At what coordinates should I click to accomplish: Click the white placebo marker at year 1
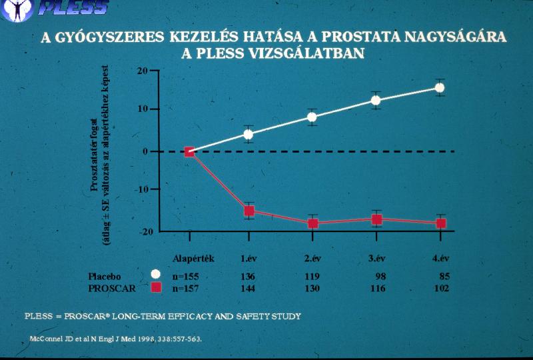[249, 134]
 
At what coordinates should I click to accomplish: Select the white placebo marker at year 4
[439, 87]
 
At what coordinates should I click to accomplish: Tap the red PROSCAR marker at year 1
[249, 211]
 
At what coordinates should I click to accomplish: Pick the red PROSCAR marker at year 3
[376, 219]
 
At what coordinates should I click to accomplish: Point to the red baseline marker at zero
[189, 152]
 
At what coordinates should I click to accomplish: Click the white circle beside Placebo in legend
[156, 275]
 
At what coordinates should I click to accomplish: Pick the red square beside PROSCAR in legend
[156, 288]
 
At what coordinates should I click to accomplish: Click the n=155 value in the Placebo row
[185, 275]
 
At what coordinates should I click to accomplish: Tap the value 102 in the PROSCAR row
[440, 288]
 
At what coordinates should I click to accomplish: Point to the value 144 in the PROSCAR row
[249, 288]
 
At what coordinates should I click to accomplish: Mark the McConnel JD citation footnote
[116, 339]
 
